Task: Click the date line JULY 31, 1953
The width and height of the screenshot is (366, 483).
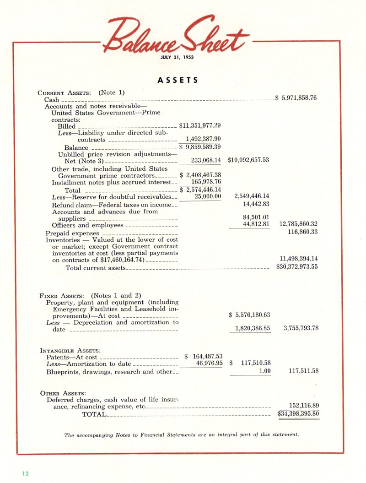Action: tap(177, 57)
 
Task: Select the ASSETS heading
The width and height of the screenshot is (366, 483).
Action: tap(178, 80)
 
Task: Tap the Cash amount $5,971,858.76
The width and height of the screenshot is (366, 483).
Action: tap(296, 98)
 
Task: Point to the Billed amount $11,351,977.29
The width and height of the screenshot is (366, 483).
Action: tap(200, 125)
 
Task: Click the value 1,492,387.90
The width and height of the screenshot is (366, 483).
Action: tap(203, 139)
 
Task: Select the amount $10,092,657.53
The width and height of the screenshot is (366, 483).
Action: tap(248, 160)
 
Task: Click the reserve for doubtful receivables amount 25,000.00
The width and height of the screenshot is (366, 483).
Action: tap(208, 196)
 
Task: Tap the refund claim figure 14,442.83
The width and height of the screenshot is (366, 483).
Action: tap(256, 204)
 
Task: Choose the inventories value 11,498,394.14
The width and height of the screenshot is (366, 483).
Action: tap(298, 259)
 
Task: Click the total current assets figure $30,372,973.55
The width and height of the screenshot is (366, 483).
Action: tap(297, 267)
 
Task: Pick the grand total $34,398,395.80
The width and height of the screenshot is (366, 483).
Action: tap(298, 414)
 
